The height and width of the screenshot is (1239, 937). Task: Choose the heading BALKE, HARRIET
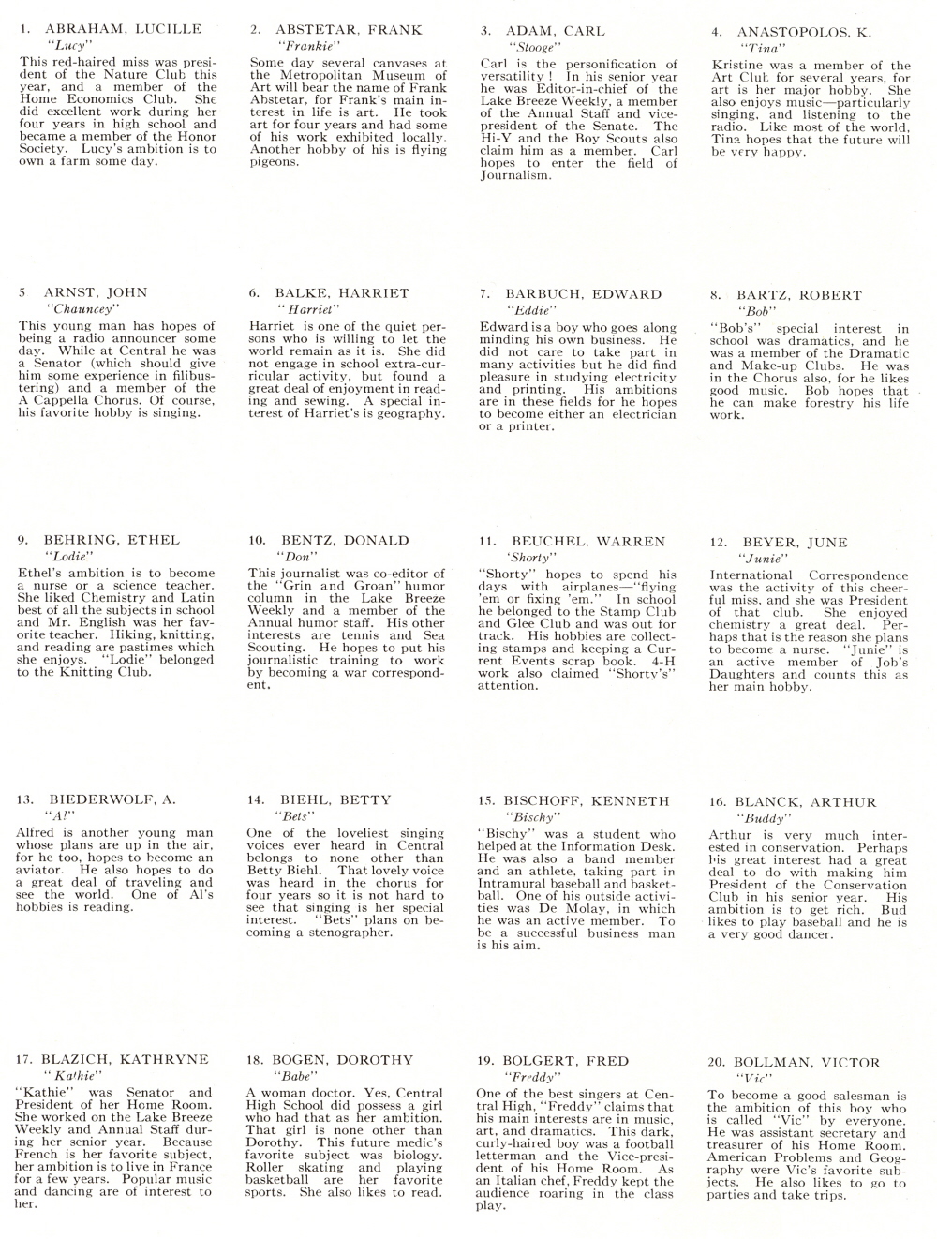[342, 293]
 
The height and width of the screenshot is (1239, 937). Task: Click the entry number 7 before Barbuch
[484, 294]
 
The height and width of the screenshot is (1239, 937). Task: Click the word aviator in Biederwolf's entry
[37, 870]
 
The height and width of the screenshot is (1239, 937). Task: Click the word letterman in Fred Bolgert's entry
[513, 1157]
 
